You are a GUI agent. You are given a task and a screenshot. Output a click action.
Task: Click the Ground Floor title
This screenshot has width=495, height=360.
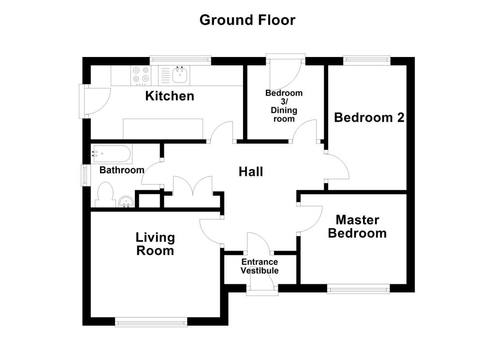(x=247, y=20)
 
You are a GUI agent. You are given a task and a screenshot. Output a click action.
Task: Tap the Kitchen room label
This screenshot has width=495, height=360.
(x=170, y=96)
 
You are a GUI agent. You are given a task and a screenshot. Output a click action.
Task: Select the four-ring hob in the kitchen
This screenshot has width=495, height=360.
(x=141, y=76)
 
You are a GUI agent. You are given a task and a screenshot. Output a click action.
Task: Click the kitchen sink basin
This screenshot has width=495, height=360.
(x=180, y=76)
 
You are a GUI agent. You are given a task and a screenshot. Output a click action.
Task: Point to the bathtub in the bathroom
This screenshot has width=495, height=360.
(x=112, y=154)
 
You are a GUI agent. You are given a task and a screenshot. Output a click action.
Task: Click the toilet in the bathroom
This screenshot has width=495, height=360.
(x=105, y=195)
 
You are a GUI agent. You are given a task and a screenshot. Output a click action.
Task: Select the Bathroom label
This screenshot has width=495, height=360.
(x=122, y=170)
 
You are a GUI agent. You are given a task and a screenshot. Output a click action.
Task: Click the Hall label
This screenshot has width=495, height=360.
(x=251, y=172)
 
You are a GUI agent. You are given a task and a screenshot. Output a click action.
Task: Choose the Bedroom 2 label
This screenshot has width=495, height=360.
(x=369, y=117)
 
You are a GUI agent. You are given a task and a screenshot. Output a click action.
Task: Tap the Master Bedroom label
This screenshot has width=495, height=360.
(x=357, y=227)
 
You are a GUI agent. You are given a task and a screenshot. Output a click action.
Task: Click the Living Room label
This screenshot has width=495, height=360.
(x=155, y=244)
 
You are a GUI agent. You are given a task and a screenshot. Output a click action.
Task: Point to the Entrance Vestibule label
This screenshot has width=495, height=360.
(x=260, y=266)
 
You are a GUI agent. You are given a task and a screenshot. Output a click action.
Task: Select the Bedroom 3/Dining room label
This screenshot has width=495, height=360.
(x=284, y=106)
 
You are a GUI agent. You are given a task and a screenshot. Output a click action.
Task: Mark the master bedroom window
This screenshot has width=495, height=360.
(x=358, y=289)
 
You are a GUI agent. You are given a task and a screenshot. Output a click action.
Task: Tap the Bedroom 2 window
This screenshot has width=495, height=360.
(x=367, y=60)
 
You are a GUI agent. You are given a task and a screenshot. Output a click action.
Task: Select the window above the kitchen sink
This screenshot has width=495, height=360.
(x=180, y=60)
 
